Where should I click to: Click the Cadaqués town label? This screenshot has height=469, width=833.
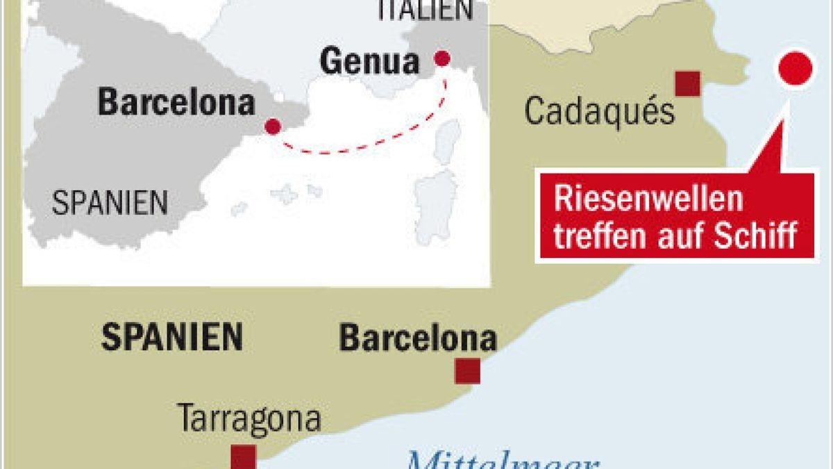point(599,112)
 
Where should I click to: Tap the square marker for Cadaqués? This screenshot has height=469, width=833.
point(687,83)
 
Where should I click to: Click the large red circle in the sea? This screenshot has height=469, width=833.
point(796,69)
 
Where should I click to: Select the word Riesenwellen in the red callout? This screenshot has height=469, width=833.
point(648,200)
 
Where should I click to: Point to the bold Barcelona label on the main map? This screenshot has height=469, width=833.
point(417,339)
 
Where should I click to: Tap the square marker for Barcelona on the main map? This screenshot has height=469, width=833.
point(467,371)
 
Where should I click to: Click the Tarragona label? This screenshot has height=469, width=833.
point(250,419)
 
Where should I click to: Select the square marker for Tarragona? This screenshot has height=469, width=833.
point(244,457)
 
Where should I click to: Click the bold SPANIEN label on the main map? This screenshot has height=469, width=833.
point(172,338)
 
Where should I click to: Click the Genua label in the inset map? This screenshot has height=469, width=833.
point(370,62)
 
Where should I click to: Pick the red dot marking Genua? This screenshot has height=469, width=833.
point(441,59)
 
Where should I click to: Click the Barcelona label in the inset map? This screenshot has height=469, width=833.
point(176,103)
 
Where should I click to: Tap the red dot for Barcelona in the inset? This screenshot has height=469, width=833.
point(273,126)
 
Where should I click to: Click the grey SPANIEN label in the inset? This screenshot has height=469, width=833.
point(110,203)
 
